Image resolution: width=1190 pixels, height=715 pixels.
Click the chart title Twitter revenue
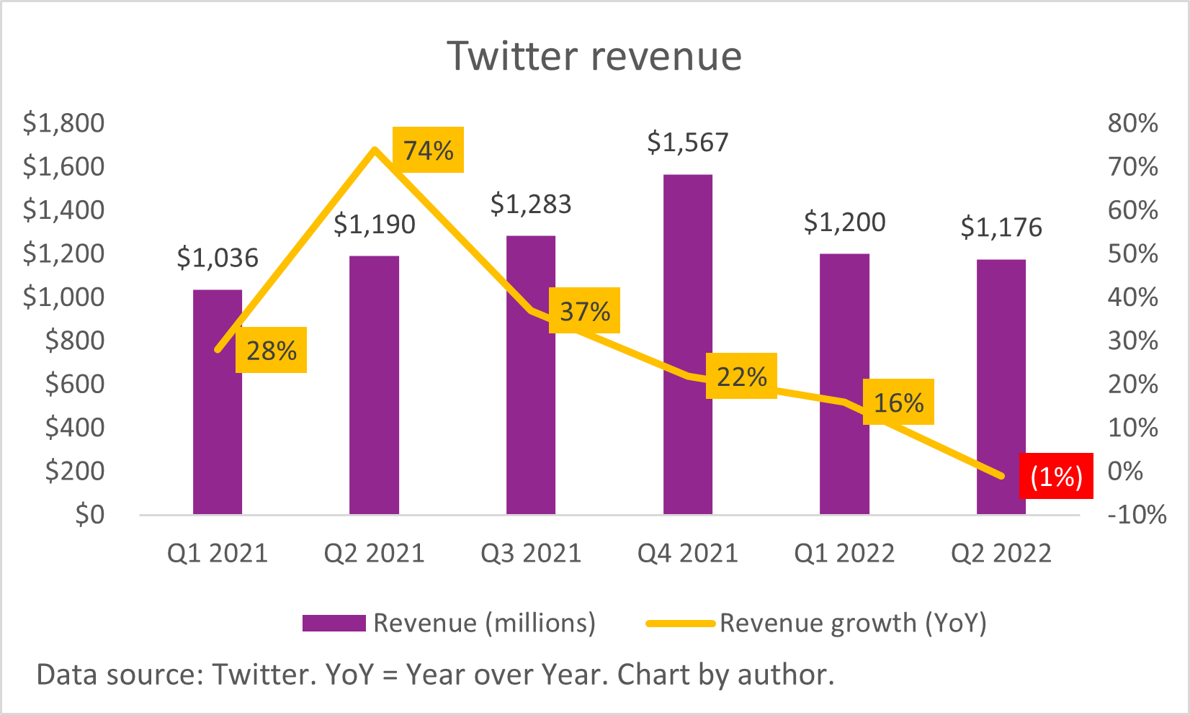click(x=594, y=56)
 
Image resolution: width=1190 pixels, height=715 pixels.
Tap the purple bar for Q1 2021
click(x=217, y=432)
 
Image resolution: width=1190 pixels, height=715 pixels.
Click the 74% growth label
click(x=428, y=150)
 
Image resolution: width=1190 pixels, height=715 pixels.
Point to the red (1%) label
click(x=1056, y=476)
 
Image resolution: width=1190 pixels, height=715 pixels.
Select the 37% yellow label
click(x=584, y=311)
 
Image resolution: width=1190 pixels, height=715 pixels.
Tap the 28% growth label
click(x=271, y=351)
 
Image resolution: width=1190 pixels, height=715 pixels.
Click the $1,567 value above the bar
click(x=687, y=143)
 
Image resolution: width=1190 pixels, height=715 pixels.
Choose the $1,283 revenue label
click(x=531, y=204)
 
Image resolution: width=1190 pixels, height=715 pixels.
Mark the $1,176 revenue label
click(x=1001, y=228)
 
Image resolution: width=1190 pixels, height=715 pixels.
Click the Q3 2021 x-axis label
click(x=531, y=553)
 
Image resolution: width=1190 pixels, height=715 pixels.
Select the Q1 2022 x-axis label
click(x=844, y=553)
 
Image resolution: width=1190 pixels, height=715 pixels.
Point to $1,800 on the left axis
click(x=63, y=123)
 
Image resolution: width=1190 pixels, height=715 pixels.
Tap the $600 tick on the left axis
click(x=74, y=384)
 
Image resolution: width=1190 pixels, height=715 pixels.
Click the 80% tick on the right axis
click(x=1132, y=123)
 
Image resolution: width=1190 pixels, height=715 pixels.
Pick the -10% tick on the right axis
click(x=1137, y=514)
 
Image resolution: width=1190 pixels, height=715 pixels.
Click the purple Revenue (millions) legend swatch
click(x=334, y=623)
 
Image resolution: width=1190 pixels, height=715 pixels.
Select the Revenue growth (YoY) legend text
click(x=853, y=623)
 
